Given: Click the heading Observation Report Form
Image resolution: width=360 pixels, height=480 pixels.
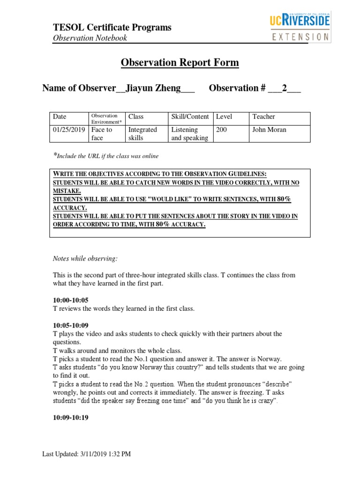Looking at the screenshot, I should coord(180,63).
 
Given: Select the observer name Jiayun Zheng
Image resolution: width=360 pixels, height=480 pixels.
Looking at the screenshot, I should coord(153,89).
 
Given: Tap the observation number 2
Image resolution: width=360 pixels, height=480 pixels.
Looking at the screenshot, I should coord(284,89).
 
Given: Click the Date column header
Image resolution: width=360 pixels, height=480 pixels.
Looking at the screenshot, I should coord(60,117).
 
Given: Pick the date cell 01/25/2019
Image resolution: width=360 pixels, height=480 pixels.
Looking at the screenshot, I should coord(69,130).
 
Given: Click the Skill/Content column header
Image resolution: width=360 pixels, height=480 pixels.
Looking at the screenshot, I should coord(189,117).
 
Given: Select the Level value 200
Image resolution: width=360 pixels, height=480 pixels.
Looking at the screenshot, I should coord(222,130).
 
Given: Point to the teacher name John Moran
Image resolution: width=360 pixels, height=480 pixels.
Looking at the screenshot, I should coord(269,130).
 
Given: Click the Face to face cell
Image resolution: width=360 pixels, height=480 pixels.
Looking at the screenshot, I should coord(102,134).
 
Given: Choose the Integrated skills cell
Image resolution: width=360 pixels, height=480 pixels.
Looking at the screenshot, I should coord(142,134).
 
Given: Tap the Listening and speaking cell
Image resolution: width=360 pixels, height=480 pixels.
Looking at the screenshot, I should coord(189,134).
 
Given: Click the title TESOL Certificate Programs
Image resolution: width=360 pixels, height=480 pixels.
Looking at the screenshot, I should coord(112,28).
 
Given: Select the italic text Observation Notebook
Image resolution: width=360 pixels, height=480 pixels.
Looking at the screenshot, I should coord(90,38).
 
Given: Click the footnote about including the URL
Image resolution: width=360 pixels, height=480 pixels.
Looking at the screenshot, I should coord(105,156).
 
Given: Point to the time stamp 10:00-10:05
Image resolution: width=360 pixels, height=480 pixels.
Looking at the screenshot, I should coord(70,300).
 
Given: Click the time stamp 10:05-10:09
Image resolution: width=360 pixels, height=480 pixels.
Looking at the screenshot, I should coord(70,325).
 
